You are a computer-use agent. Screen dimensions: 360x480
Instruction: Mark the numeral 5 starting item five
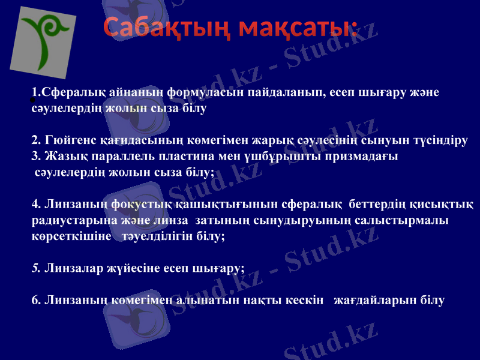point(35,268)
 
